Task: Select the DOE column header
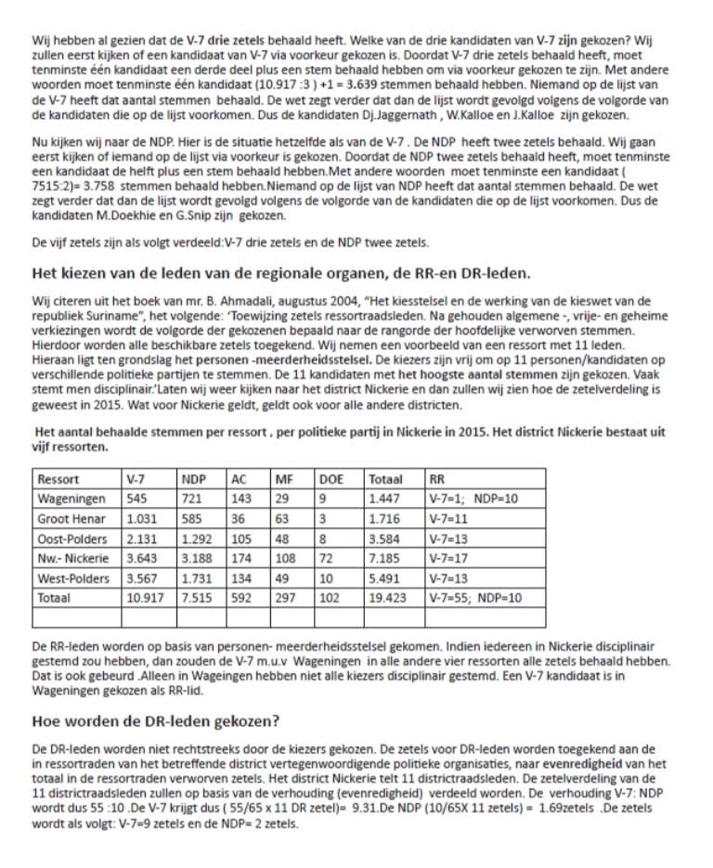(x=331, y=480)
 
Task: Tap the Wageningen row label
(x=71, y=499)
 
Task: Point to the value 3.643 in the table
(x=143, y=559)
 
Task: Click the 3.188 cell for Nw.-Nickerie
(x=198, y=559)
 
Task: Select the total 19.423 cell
(x=387, y=599)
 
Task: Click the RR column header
(x=437, y=480)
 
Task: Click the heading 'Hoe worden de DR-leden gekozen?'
(x=156, y=720)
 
